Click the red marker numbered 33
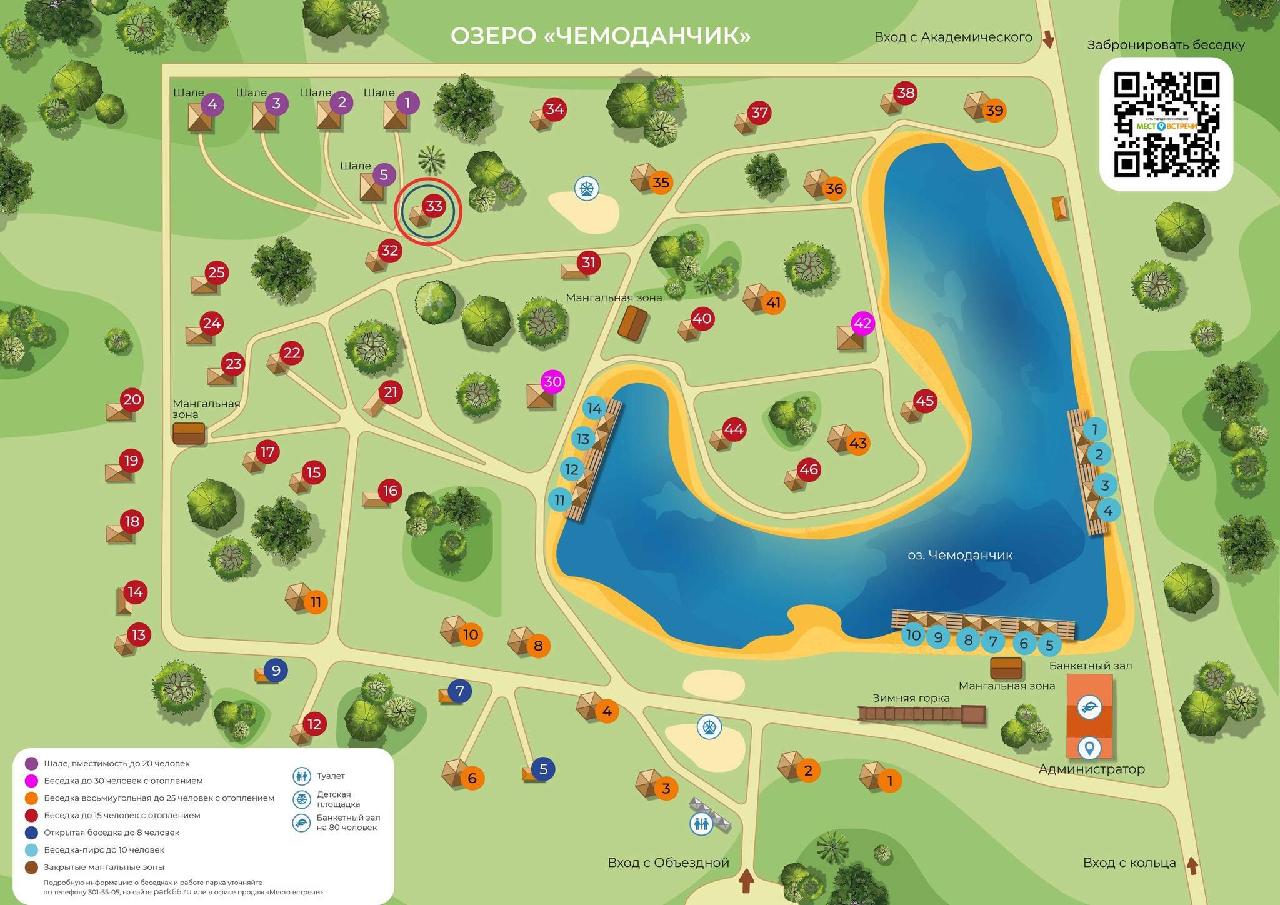[434, 206]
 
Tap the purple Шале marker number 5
[384, 175]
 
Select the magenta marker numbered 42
[862, 323]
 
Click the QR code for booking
[1166, 124]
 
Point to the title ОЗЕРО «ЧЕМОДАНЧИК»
[600, 36]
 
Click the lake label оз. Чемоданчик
[960, 555]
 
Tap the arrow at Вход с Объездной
[746, 881]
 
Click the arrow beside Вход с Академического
[1048, 40]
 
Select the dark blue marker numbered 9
[276, 670]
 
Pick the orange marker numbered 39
[994, 111]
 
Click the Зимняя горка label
[911, 698]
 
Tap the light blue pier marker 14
[594, 409]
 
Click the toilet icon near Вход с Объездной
[702, 824]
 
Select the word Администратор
[1091, 769]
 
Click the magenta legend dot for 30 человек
[31, 781]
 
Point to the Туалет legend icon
[302, 776]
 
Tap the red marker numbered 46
[808, 469]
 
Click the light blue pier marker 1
[1094, 429]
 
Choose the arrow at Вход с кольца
[1192, 865]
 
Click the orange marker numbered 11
[316, 602]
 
